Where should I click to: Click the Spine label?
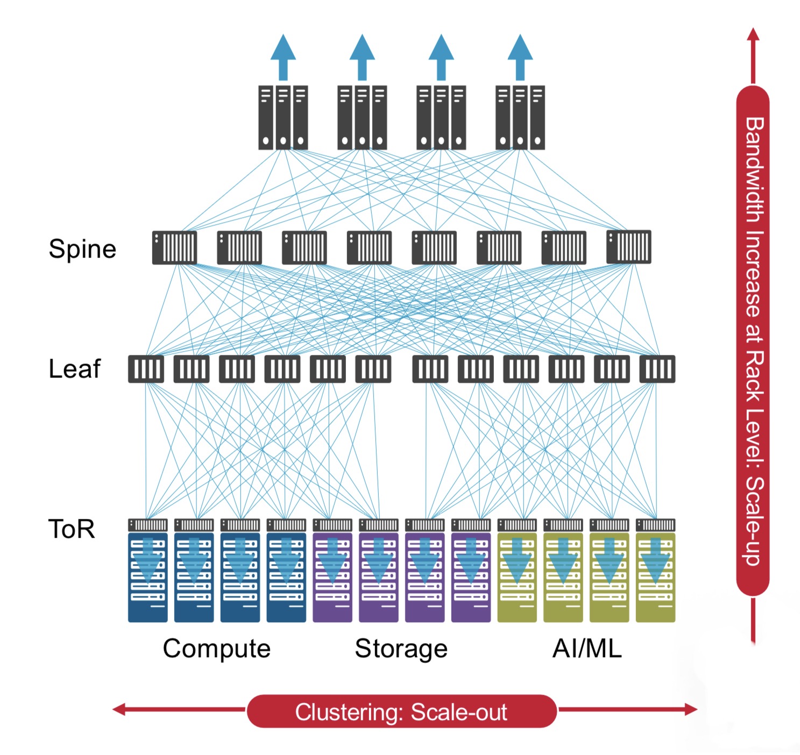coord(82,249)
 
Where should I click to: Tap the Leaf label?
coord(74,369)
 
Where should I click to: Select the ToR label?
coord(72,529)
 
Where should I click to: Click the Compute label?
coord(216,649)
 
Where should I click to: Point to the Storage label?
coord(401,649)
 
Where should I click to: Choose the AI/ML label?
coord(587,649)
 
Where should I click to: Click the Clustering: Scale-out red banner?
coord(401,711)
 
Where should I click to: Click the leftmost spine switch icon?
coord(174,247)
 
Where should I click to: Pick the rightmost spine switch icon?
coord(628,247)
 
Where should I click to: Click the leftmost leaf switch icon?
coord(146,369)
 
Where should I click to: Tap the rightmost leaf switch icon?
coord(657,369)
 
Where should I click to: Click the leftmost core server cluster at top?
coord(283,117)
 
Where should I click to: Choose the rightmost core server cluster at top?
coord(520,117)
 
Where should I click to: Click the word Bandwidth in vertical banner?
coord(754,169)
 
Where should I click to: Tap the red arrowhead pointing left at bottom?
coord(119,710)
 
